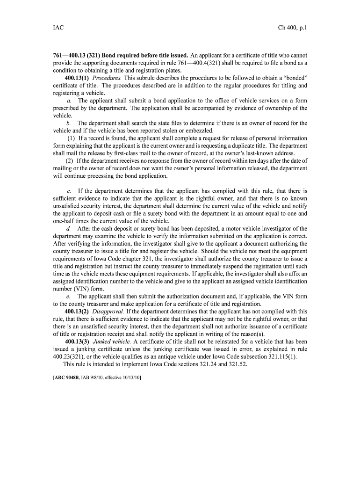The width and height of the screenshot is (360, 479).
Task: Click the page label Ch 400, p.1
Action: pos(292,28)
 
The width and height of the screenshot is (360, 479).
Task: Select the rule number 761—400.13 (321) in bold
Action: pos(76,55)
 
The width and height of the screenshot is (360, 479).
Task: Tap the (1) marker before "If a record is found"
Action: pos(71,138)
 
